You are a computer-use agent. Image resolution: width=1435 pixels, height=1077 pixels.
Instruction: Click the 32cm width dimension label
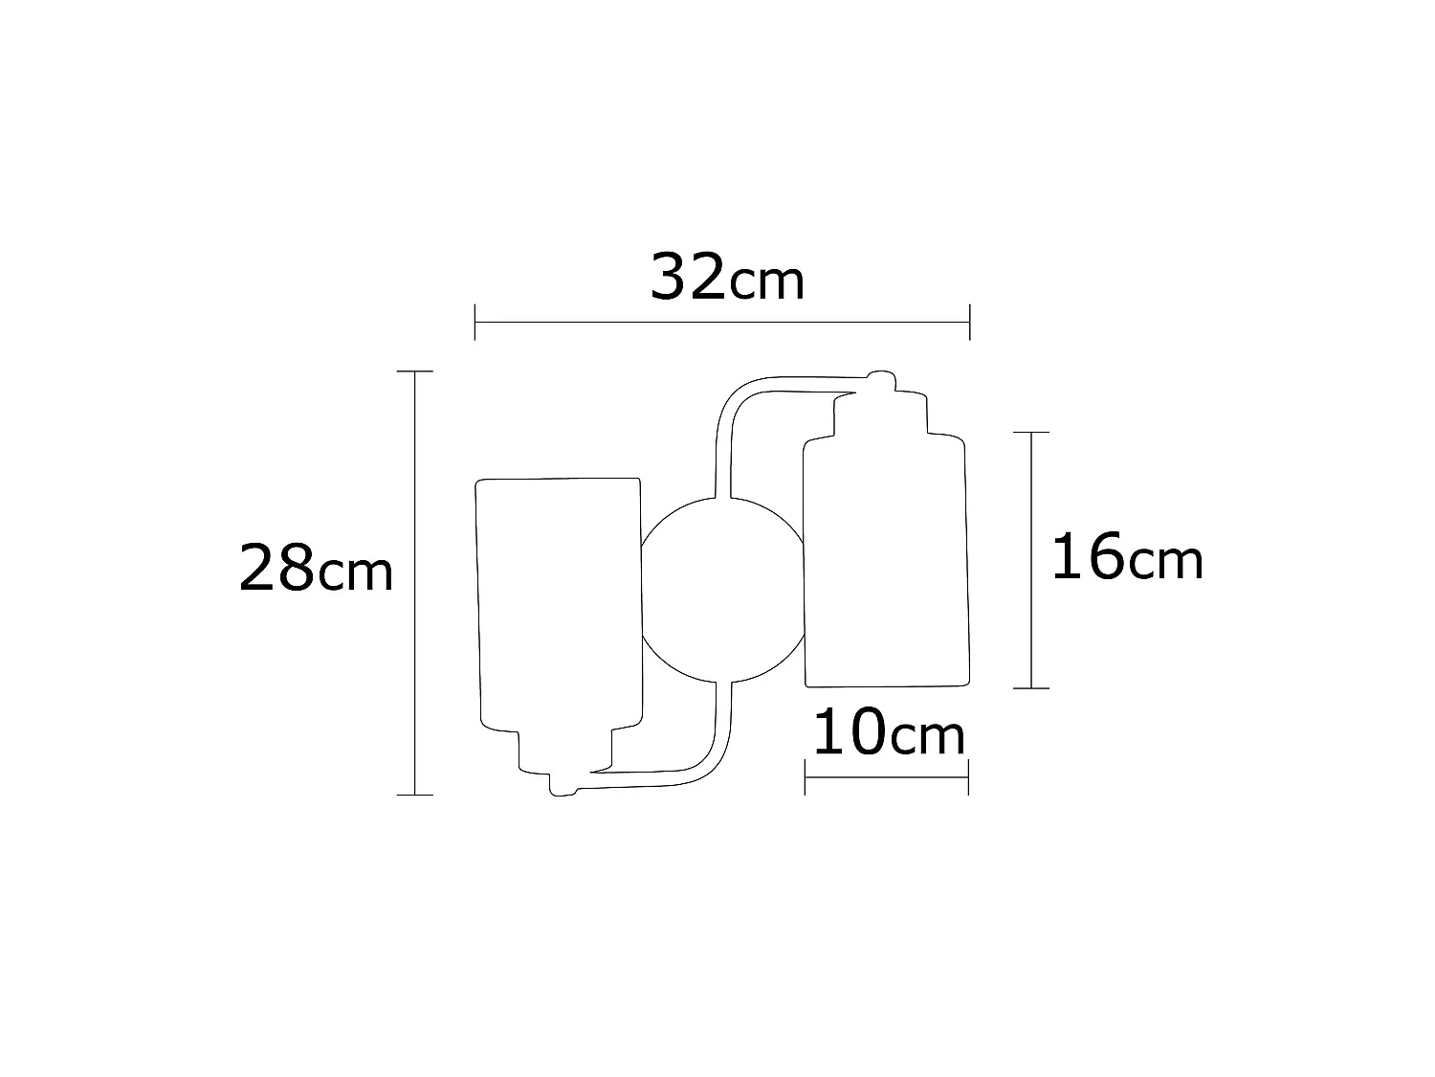pos(726,278)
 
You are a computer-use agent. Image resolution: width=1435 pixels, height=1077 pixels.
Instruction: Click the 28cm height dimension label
pos(315,569)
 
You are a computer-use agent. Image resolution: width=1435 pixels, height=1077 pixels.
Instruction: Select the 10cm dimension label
pos(888,734)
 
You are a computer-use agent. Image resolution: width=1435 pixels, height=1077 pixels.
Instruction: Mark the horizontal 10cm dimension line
pos(887,776)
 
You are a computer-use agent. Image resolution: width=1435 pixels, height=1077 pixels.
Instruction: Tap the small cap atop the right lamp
pos(881,379)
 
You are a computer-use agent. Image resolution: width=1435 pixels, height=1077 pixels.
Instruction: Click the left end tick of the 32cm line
pos(475,323)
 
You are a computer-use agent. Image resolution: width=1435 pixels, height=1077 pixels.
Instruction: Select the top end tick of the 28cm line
pos(414,370)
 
